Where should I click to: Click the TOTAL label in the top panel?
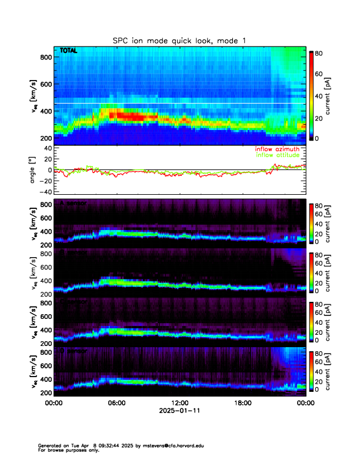coord(69,52)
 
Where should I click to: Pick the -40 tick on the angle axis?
coord(46,191)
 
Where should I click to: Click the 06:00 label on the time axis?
coord(116,402)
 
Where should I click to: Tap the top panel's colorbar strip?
coord(312,94)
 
